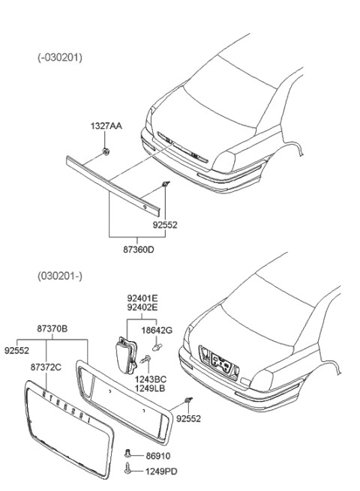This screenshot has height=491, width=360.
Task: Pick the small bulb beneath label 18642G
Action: click(x=157, y=347)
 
